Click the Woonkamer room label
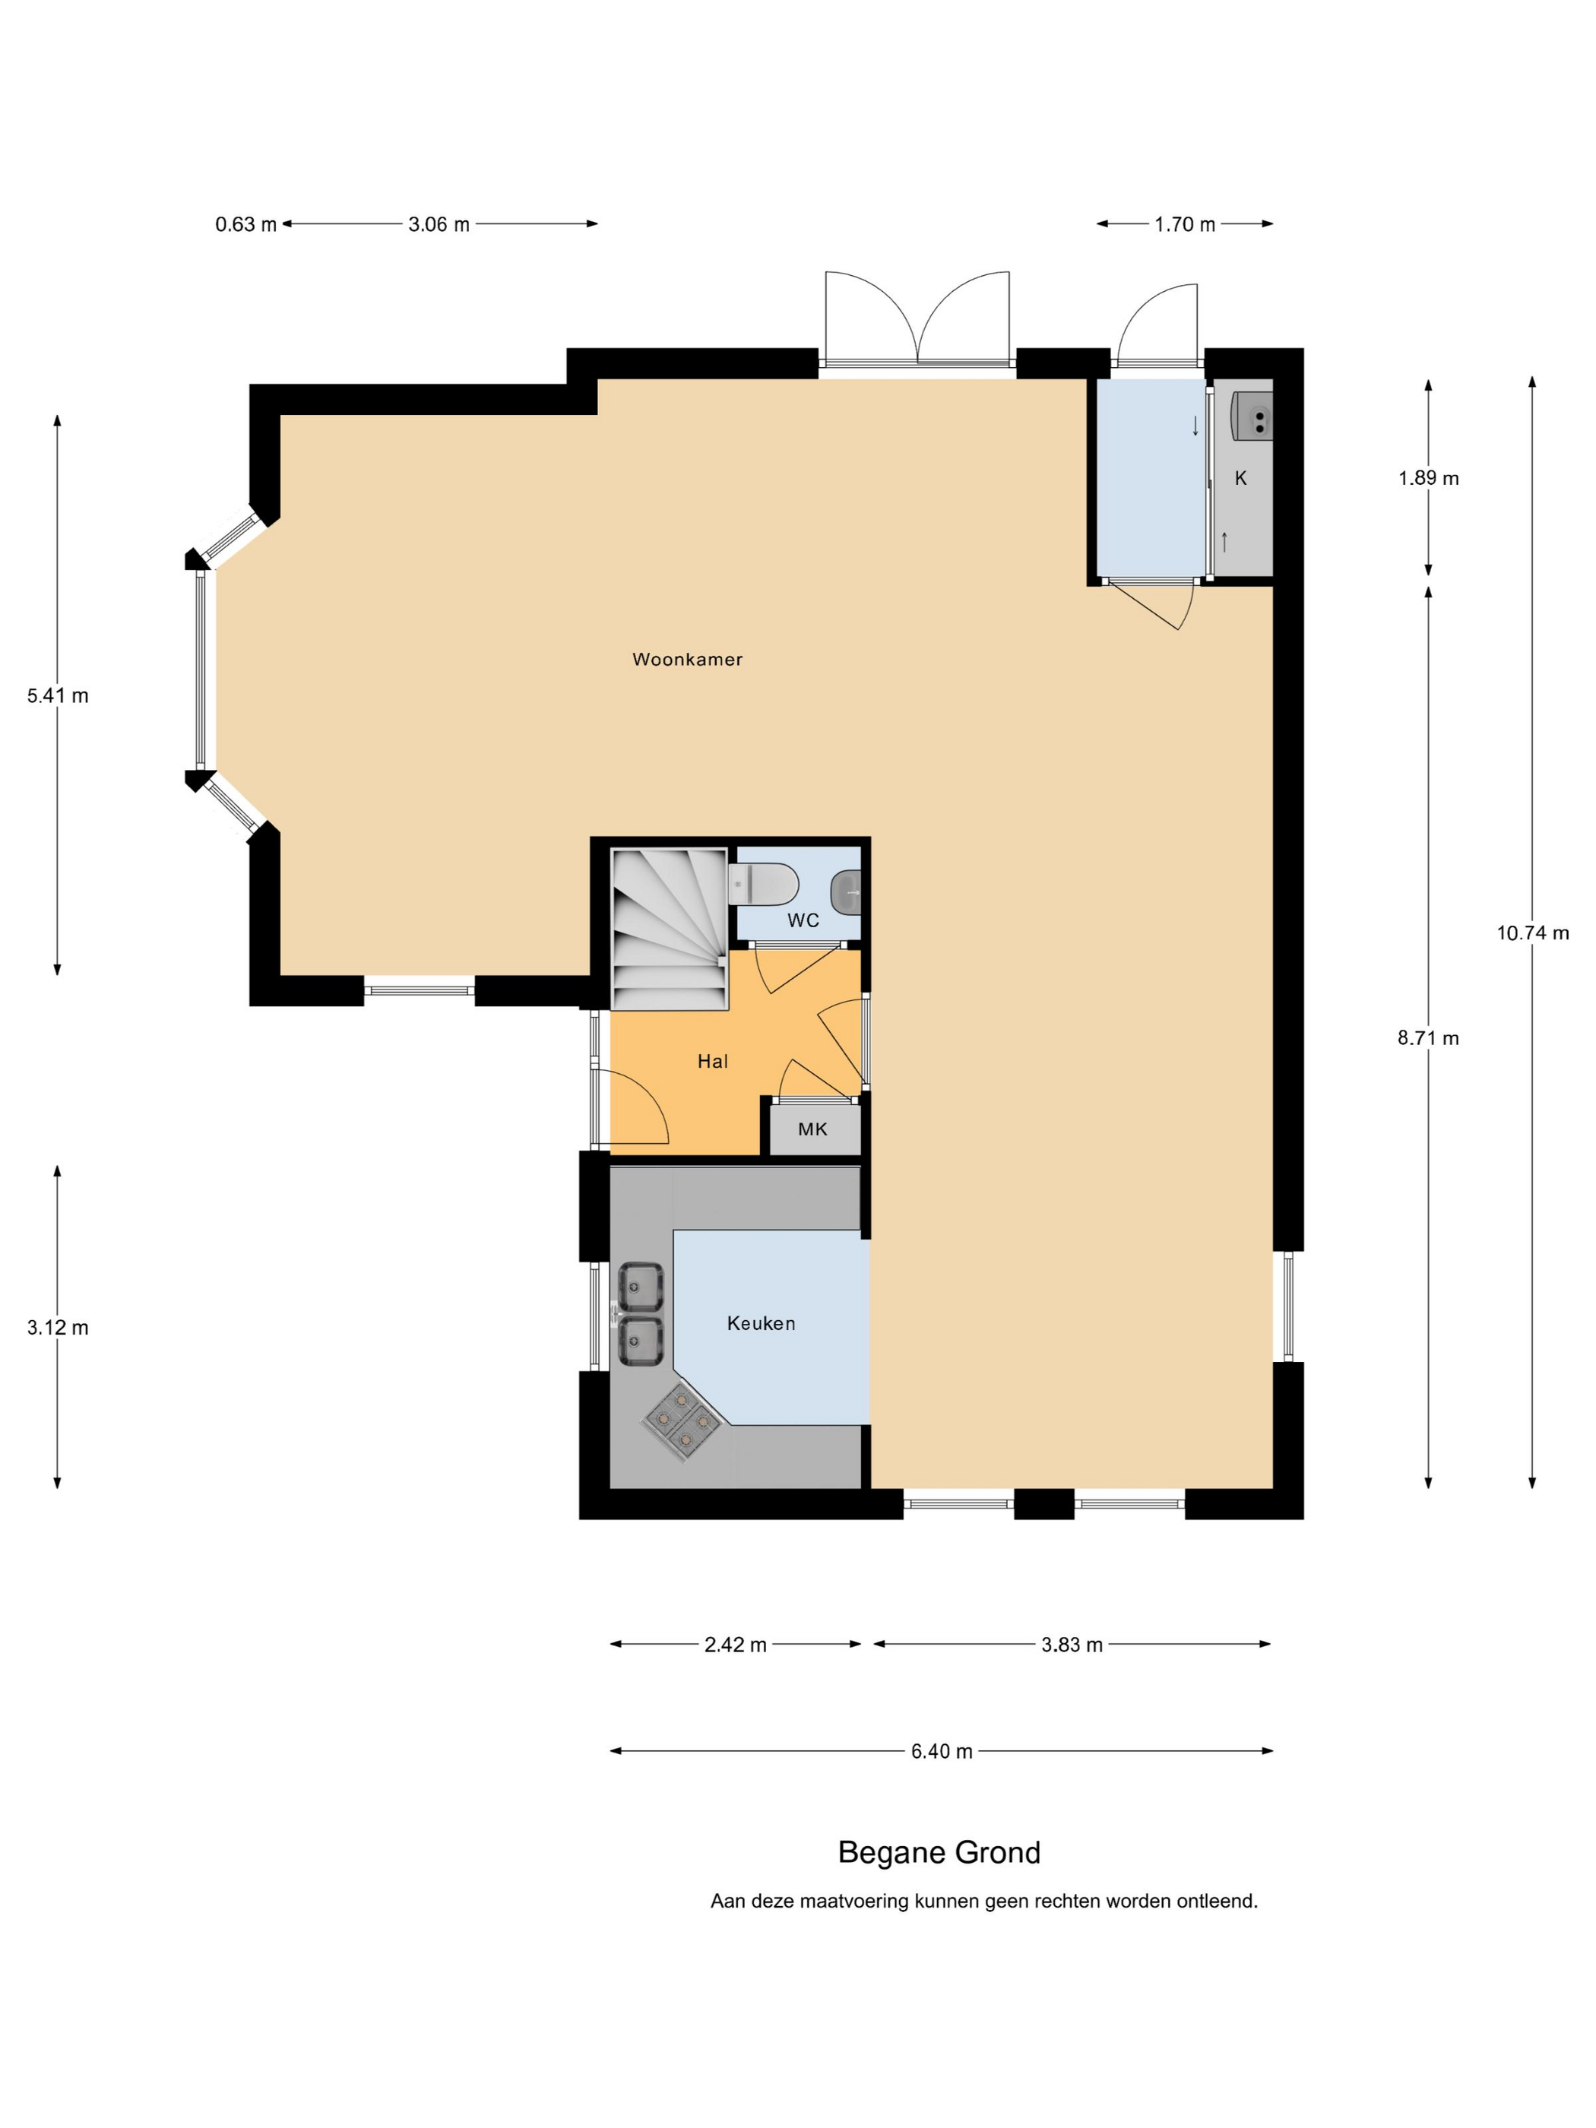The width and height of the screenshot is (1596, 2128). [x=687, y=659]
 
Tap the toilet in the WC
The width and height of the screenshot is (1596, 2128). [x=763, y=884]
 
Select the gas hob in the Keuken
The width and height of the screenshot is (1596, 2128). [x=681, y=1419]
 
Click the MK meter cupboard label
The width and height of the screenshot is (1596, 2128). [x=812, y=1129]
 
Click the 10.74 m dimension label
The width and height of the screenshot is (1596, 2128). [x=1532, y=933]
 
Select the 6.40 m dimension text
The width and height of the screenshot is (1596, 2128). [x=942, y=1751]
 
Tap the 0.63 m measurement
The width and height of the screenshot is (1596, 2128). [x=245, y=224]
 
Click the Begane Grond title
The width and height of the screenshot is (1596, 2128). [x=939, y=1852]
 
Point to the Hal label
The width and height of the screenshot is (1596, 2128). [x=713, y=1061]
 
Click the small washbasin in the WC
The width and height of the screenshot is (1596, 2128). [x=846, y=891]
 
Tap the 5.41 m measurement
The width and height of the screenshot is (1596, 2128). [x=58, y=695]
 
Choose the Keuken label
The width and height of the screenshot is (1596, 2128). [x=761, y=1323]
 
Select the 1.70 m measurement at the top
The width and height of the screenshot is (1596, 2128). [x=1185, y=224]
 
